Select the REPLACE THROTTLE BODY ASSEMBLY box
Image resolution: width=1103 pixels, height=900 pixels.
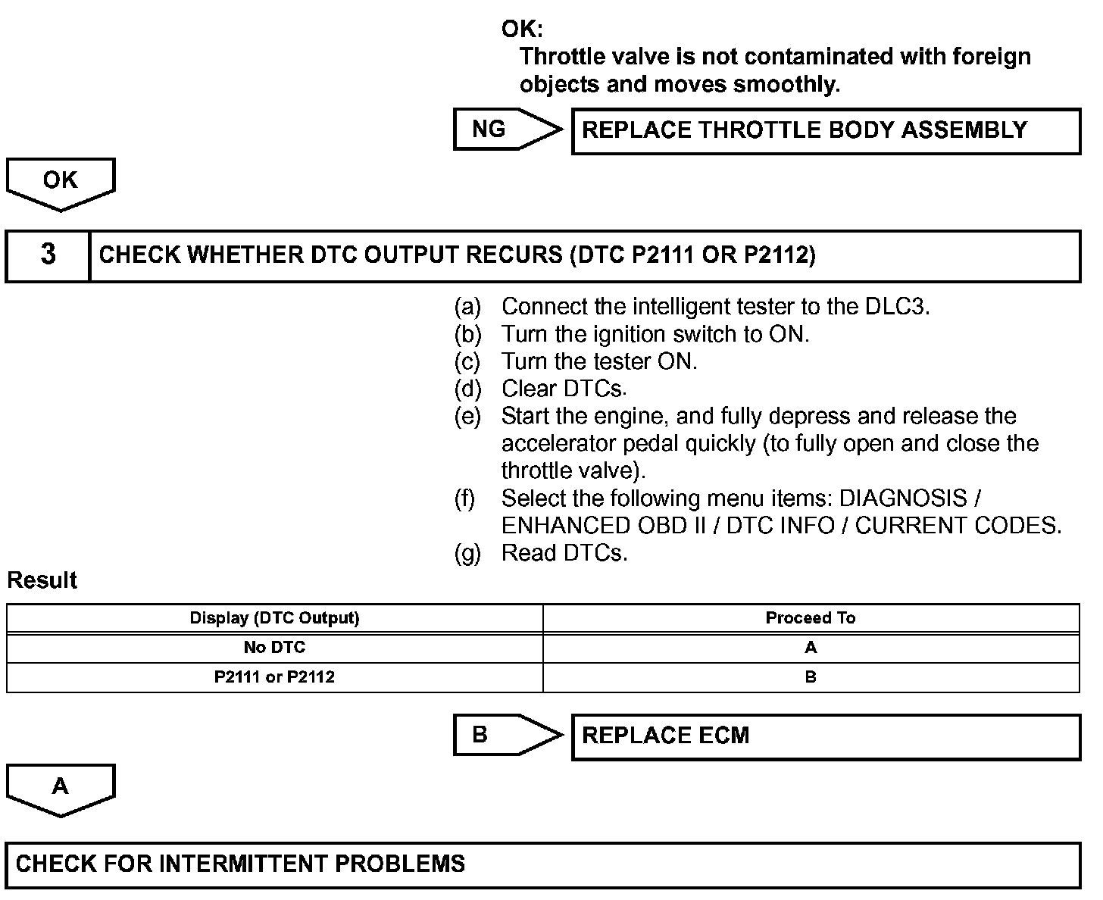825,131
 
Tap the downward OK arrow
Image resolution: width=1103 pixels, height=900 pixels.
61,183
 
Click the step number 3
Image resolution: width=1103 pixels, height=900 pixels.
48,255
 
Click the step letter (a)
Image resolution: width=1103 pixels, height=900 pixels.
467,307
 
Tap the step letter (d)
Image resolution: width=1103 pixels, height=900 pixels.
467,389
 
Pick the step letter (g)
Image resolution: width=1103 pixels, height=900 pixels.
467,553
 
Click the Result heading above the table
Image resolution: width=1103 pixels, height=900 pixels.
42,580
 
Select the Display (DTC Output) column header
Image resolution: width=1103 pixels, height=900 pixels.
274,618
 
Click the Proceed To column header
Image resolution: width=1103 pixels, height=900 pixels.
811,618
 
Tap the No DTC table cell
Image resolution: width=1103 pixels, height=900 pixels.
274,648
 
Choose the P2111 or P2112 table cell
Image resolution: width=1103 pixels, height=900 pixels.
274,677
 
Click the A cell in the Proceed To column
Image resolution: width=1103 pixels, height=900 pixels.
811,648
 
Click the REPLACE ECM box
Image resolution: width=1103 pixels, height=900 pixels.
825,736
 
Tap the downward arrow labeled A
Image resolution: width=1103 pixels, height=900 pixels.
61,789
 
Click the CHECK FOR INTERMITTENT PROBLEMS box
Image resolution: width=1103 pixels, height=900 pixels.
542,864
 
